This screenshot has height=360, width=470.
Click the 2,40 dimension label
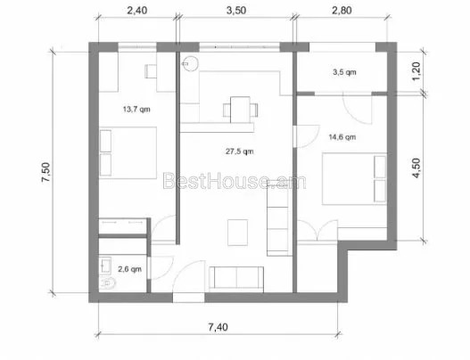point(137,11)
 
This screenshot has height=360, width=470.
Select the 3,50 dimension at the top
point(236,11)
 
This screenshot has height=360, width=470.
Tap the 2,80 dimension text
point(342,11)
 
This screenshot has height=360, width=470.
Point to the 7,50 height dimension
point(45,172)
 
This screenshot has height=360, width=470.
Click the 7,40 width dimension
point(219,327)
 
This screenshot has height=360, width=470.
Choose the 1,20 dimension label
point(416,71)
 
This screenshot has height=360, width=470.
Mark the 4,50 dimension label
point(416,168)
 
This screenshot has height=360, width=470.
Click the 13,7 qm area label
point(136,110)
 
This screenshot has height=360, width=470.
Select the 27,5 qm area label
point(240,151)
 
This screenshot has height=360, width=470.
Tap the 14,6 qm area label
point(342,137)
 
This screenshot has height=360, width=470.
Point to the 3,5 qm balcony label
point(345,72)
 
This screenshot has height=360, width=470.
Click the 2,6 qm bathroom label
point(129,269)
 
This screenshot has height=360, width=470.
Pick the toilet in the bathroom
point(107,283)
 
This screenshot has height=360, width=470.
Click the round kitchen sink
point(190,64)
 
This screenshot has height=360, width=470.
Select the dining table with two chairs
point(241,110)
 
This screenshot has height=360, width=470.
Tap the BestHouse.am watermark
point(235,181)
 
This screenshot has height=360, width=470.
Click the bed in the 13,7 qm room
point(128,152)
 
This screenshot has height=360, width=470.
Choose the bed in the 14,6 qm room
point(355,179)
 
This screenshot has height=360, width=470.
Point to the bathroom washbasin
point(105,266)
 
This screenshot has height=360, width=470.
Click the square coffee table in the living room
point(238,233)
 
